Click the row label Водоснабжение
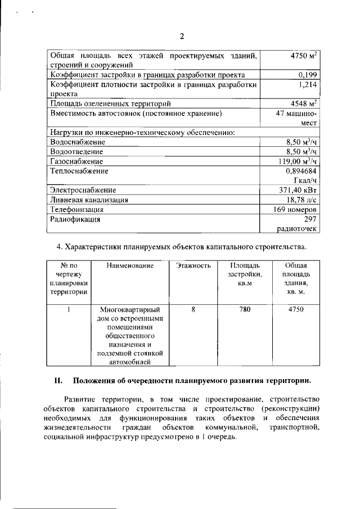(78, 142)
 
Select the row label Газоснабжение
(76, 161)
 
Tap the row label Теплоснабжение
(79, 171)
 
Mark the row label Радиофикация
(75, 219)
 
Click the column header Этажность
(193, 265)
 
